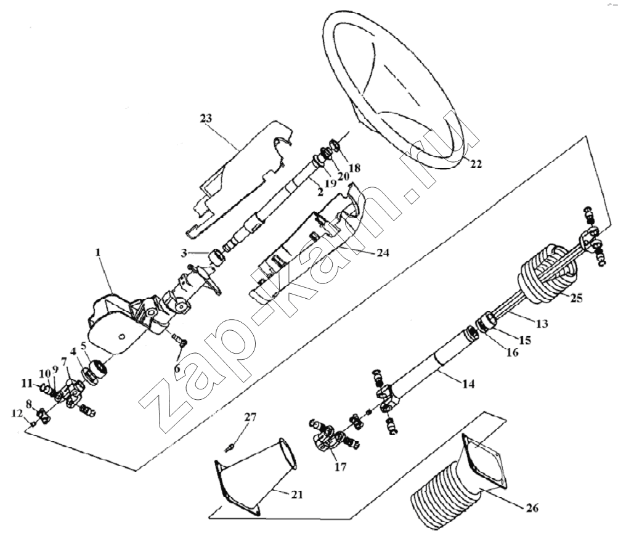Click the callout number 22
(x=476, y=164)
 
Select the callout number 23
(x=206, y=118)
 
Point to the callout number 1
(x=98, y=252)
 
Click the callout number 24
(x=383, y=253)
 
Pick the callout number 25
(x=576, y=298)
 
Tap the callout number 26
(x=532, y=508)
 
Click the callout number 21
(x=296, y=494)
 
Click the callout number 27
(x=250, y=417)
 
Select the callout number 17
(x=340, y=467)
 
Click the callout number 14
(x=468, y=383)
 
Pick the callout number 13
(x=542, y=323)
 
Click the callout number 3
(x=184, y=253)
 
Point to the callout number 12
(x=17, y=414)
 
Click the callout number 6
(x=177, y=369)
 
